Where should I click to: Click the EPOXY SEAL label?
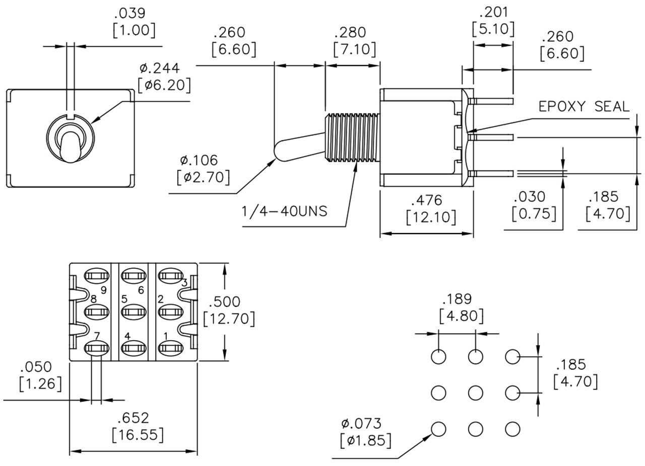(x=584, y=106)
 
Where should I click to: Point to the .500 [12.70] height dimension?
(x=229, y=310)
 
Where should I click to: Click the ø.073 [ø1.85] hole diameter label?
(x=365, y=432)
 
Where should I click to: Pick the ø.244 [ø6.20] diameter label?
(x=164, y=76)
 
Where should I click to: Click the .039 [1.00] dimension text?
(x=134, y=22)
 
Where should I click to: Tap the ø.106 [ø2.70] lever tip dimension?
(x=204, y=169)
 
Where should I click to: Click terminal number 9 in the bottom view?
(x=103, y=290)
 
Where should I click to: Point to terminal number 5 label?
(x=124, y=299)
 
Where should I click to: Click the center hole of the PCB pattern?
(x=475, y=393)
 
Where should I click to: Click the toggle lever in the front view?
(x=70, y=146)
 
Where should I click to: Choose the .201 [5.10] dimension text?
(x=493, y=21)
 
